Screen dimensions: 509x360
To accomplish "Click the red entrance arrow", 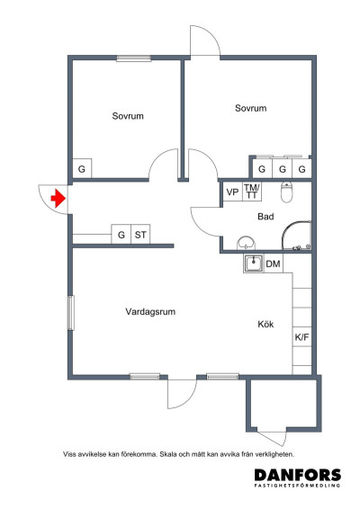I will (58, 199).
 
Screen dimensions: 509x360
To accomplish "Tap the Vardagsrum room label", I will (149, 312).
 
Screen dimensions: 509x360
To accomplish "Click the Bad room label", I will (265, 217).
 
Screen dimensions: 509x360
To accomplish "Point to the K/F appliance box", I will (301, 338).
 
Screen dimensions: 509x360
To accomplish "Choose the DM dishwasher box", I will (274, 263).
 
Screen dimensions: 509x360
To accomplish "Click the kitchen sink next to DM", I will (253, 263).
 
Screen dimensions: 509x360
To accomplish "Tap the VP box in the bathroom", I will (232, 192).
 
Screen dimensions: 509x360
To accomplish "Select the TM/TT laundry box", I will (252, 191).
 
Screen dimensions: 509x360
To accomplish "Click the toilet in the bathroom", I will (287, 192).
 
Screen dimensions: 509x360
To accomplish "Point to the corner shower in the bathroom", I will (296, 237).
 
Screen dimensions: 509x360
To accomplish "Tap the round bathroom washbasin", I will (245, 243).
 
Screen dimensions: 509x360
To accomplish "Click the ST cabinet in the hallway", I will (140, 236).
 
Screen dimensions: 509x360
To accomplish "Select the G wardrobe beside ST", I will (121, 236).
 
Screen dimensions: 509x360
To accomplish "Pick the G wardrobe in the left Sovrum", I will (81, 169).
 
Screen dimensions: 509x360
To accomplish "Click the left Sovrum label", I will (128, 116).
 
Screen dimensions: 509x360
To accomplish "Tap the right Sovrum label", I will (250, 108).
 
